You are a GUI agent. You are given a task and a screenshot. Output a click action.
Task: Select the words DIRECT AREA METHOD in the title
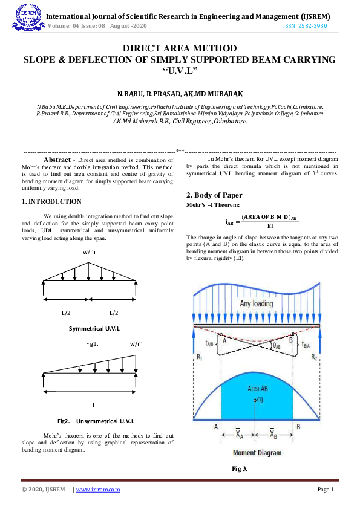(x=180, y=48)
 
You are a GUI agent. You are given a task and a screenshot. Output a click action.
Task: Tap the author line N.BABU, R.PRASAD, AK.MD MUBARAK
(x=180, y=94)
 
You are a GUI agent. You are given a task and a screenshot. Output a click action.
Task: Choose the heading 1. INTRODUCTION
(x=47, y=201)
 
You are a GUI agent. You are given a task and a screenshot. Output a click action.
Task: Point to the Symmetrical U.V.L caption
(x=94, y=328)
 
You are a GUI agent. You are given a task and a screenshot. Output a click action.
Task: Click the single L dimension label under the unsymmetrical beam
(x=94, y=404)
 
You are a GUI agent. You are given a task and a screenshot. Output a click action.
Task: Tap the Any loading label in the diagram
(x=256, y=303)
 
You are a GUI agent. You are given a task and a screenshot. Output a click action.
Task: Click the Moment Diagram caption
(x=256, y=452)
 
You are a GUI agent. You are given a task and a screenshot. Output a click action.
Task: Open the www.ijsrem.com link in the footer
(x=98, y=490)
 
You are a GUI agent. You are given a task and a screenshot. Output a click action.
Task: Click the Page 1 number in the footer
(x=325, y=490)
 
